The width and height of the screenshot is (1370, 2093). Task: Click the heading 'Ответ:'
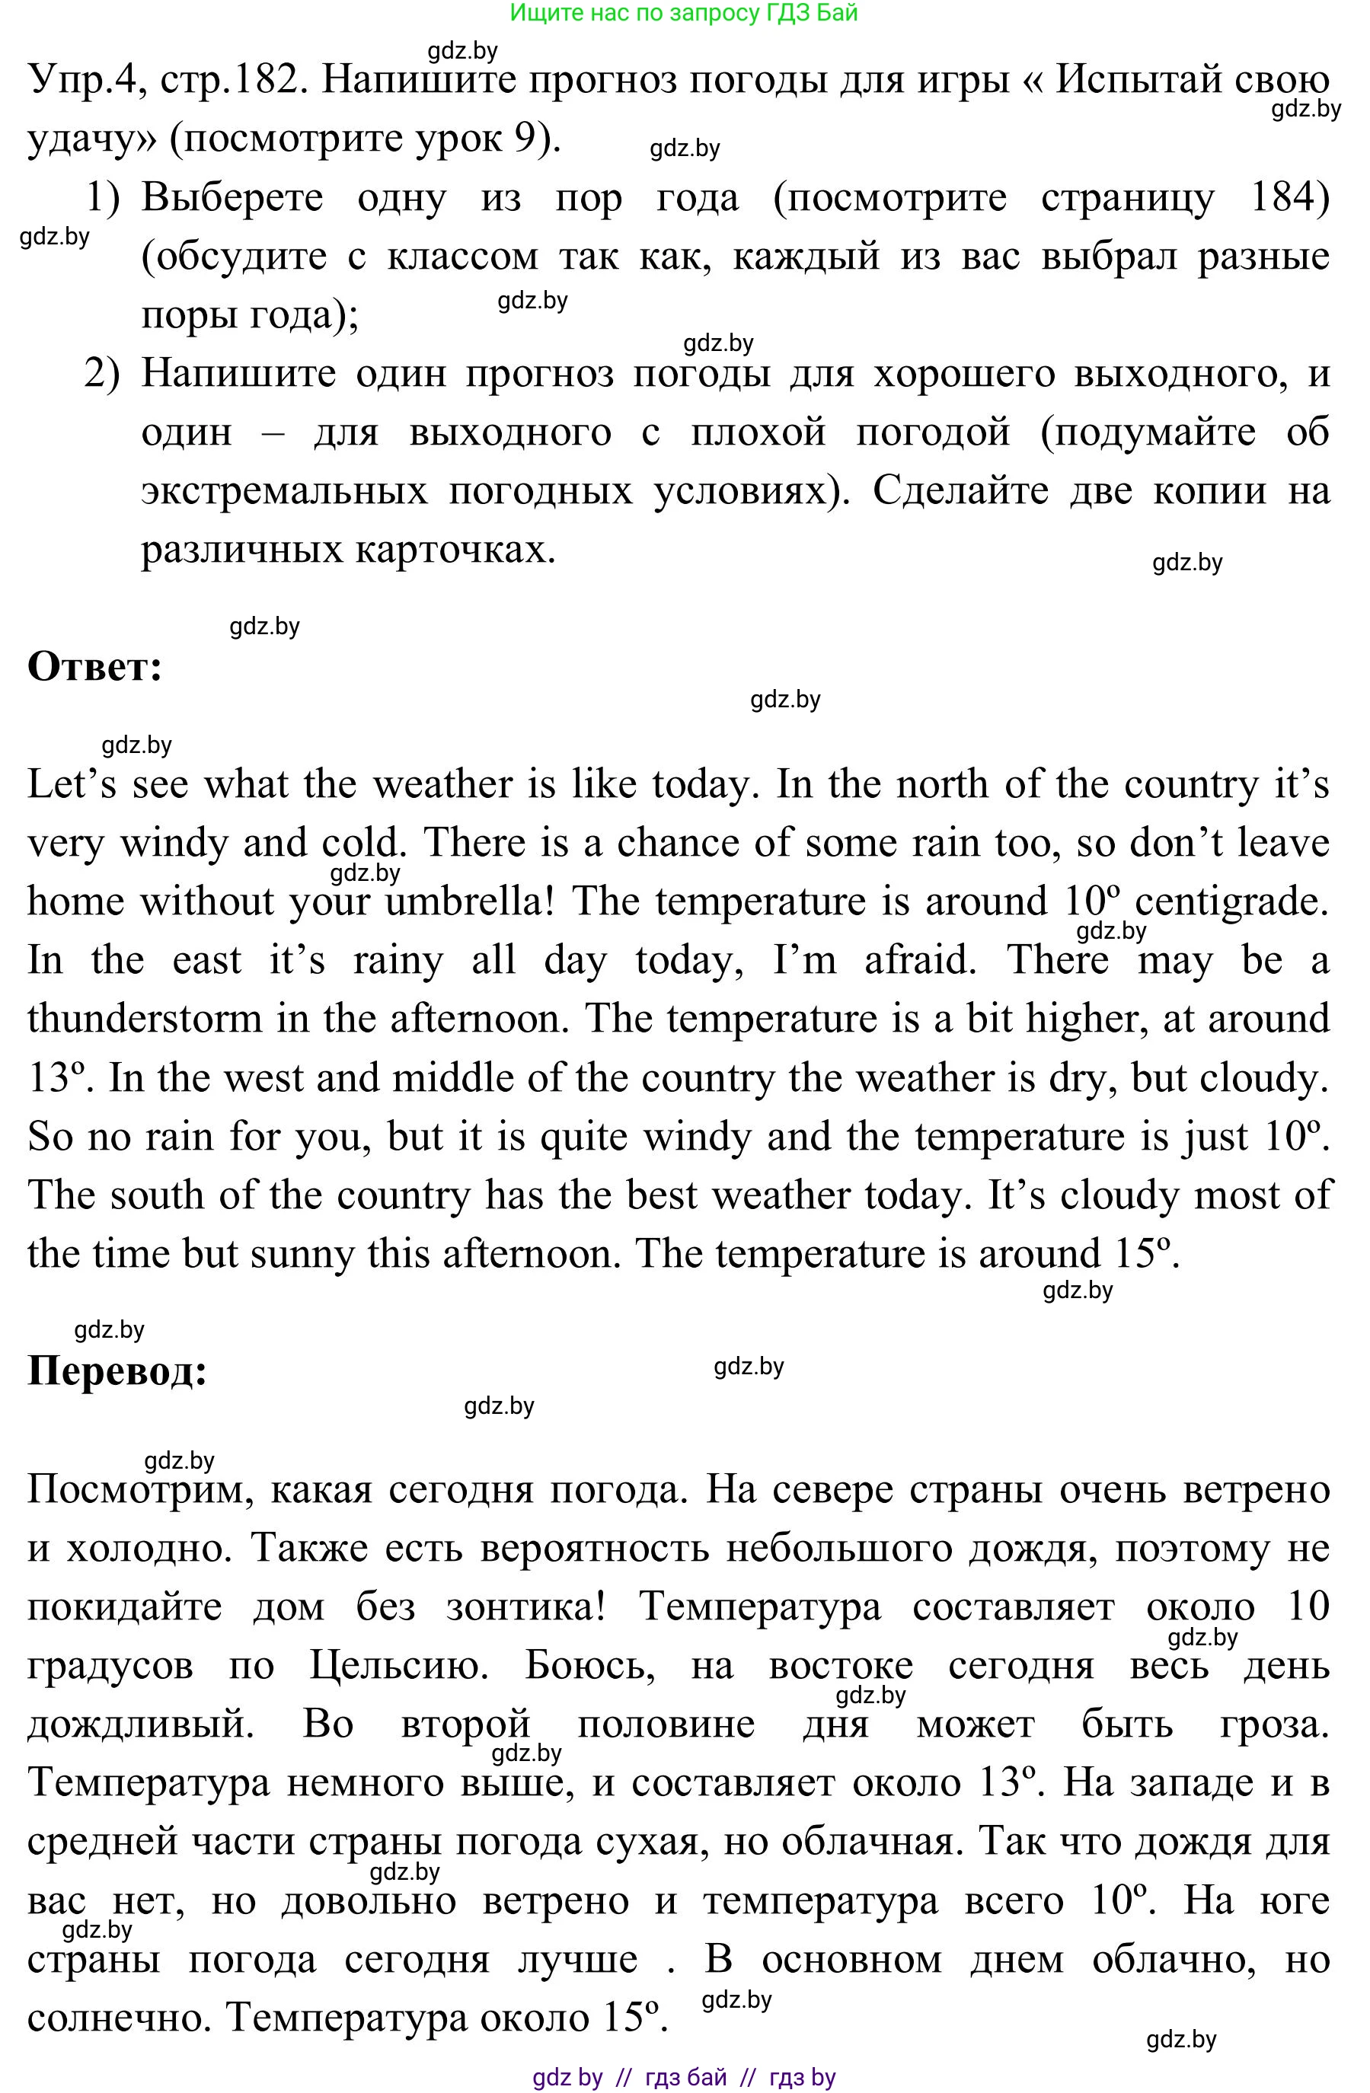(95, 668)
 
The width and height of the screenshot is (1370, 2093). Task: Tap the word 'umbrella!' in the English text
(467, 902)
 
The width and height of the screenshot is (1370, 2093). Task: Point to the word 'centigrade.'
(1232, 902)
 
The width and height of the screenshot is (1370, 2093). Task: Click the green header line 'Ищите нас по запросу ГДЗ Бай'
(683, 12)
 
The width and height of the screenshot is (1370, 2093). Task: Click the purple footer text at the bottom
(683, 2078)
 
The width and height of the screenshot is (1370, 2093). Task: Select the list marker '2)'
(102, 374)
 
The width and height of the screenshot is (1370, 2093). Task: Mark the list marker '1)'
(102, 198)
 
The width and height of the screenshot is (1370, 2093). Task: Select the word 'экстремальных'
(284, 491)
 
